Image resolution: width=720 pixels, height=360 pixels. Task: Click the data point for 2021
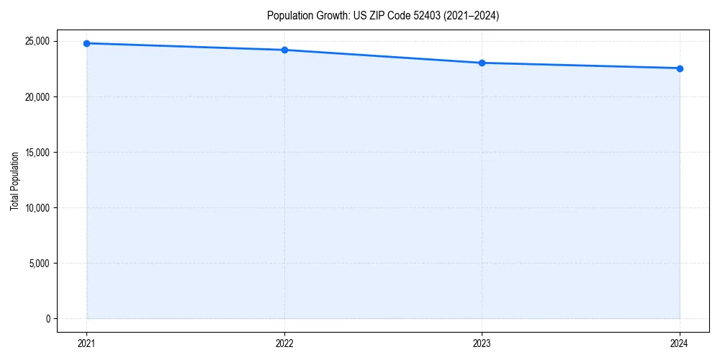point(86,43)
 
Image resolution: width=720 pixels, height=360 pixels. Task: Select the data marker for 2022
point(284,50)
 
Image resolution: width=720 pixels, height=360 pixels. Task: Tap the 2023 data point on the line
point(482,63)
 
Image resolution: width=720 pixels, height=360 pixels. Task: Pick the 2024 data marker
point(680,68)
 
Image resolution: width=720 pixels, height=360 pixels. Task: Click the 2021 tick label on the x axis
point(86,343)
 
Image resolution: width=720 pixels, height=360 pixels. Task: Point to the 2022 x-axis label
point(284,343)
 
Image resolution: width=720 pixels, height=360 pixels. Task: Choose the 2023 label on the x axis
point(482,343)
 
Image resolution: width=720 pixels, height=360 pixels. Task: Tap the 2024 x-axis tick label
point(680,343)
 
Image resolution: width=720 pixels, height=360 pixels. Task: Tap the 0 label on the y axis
point(47,319)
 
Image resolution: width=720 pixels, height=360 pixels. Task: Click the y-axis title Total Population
point(14,181)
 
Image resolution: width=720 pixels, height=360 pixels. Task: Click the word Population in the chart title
point(287,15)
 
